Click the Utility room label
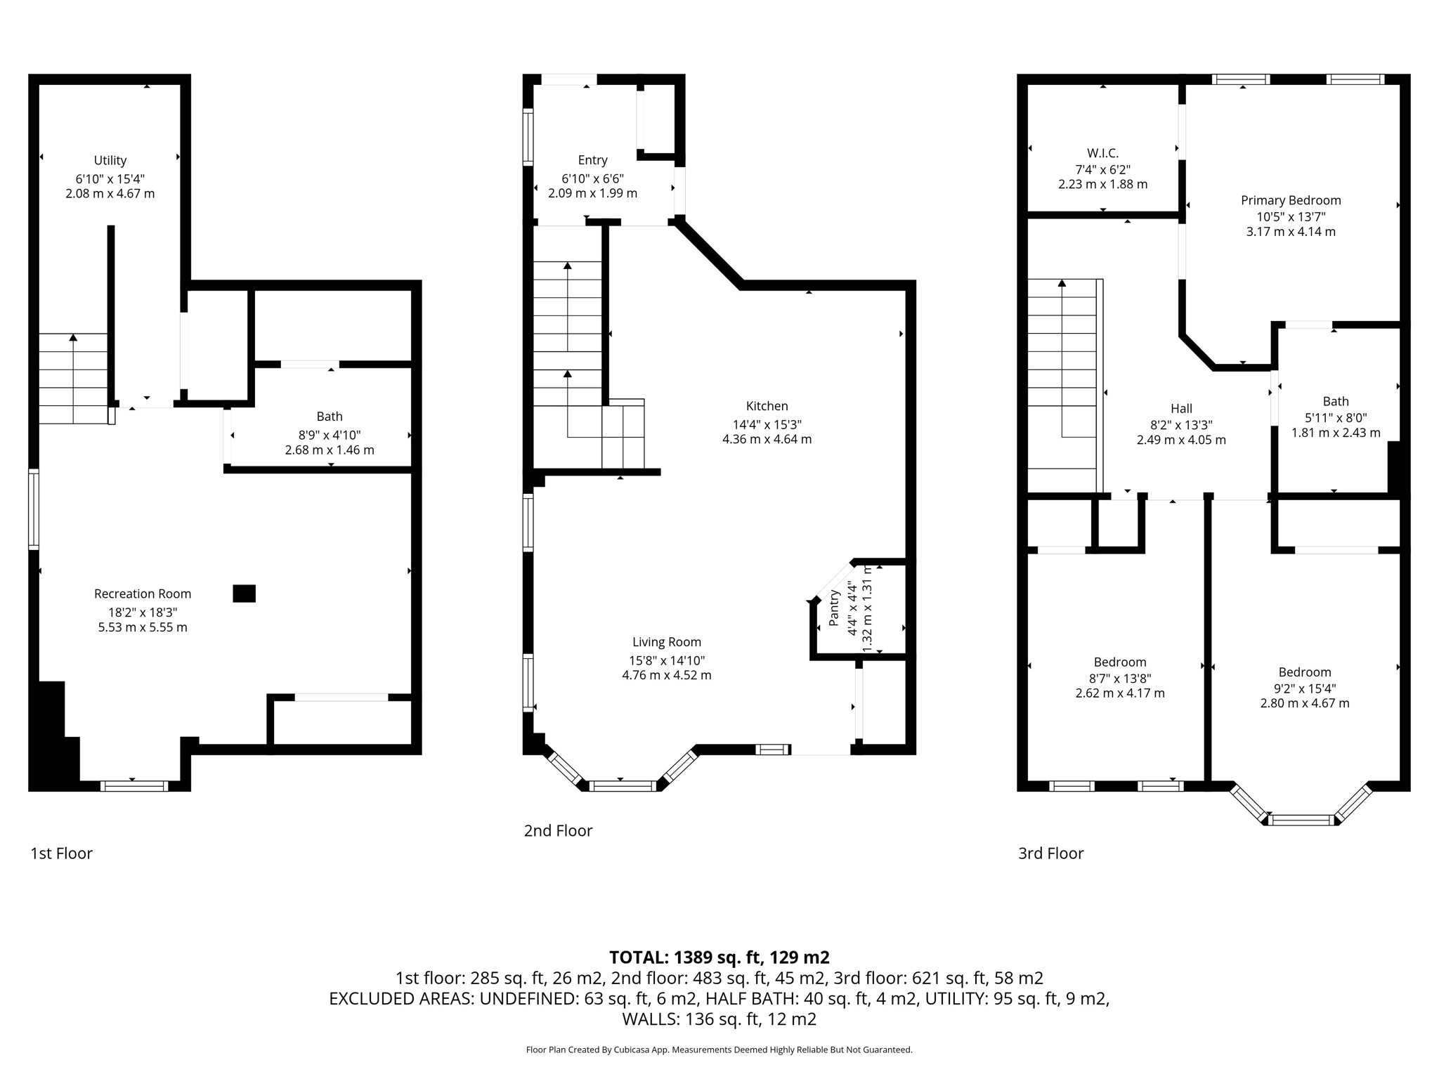point(110,160)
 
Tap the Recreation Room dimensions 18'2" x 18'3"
point(143,611)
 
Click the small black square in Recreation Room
point(244,594)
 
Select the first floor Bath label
point(330,417)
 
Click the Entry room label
point(592,160)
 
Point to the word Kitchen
point(767,406)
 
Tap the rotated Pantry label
point(834,608)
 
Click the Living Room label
point(666,642)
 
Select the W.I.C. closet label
point(1102,153)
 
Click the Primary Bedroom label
point(1291,200)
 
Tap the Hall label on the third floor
point(1181,408)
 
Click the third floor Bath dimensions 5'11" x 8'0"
point(1336,417)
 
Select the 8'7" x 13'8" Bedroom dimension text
point(1120,679)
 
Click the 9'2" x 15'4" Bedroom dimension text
point(1305,688)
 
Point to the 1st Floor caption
point(61,854)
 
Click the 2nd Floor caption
point(558,831)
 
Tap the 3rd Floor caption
point(1050,854)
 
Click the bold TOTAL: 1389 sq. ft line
point(719,957)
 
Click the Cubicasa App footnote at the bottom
point(719,1050)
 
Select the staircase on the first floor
point(73,379)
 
